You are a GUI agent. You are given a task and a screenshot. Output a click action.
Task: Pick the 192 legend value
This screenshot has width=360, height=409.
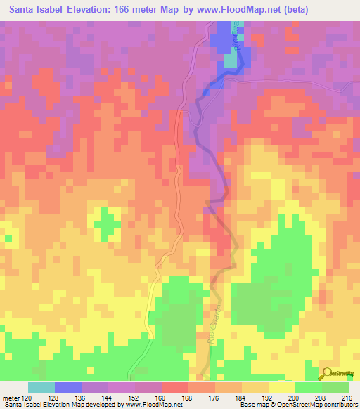click(x=269, y=398)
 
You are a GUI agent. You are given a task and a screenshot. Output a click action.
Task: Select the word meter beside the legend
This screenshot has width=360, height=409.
click(x=11, y=398)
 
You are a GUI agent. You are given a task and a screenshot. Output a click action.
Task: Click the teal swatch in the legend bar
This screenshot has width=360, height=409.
click(x=41, y=388)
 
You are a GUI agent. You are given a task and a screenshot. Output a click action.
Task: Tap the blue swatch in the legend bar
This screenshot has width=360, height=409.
click(x=67, y=388)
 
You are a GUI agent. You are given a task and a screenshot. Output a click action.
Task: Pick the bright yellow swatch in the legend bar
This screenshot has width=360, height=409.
click(x=281, y=388)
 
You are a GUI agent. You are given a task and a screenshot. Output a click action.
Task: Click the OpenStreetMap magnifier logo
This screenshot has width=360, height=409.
click(x=327, y=374)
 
